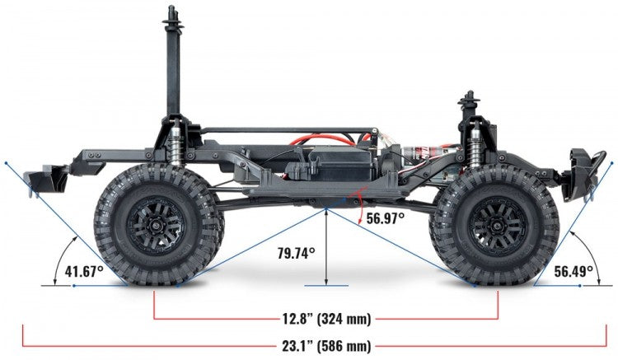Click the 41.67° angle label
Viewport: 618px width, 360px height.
[x=84, y=270]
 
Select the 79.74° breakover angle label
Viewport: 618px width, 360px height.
[x=296, y=254]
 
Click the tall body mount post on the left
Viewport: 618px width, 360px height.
[x=173, y=66]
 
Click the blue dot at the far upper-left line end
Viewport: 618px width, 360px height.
[x=6, y=164]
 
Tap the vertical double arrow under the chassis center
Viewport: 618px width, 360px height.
[x=327, y=247]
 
